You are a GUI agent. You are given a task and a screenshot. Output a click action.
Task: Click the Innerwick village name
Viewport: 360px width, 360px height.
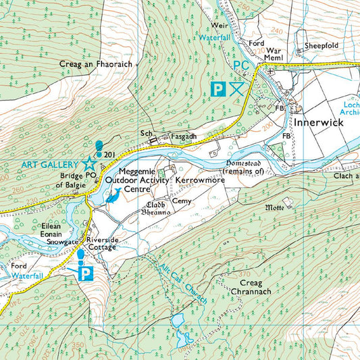pos(319,124)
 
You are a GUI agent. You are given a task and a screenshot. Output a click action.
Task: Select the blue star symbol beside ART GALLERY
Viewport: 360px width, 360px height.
pos(88,163)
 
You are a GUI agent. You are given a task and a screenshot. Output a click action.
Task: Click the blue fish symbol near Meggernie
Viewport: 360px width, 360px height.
pos(113,197)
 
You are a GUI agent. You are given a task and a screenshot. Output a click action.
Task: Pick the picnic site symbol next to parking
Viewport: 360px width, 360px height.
pos(236,88)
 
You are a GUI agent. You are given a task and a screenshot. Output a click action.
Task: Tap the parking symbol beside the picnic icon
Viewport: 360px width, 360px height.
pos(217,88)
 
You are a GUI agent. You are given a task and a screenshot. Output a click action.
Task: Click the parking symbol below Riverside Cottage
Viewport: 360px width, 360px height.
pos(86,273)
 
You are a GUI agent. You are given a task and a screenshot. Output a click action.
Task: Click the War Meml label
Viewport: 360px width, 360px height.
pos(273,54)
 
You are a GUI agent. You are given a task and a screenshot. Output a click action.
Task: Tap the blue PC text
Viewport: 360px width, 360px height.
pos(241,65)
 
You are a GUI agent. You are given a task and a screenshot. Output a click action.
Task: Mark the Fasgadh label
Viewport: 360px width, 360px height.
pos(183,136)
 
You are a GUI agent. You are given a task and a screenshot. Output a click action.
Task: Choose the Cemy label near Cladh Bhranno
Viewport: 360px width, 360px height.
pos(181,201)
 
